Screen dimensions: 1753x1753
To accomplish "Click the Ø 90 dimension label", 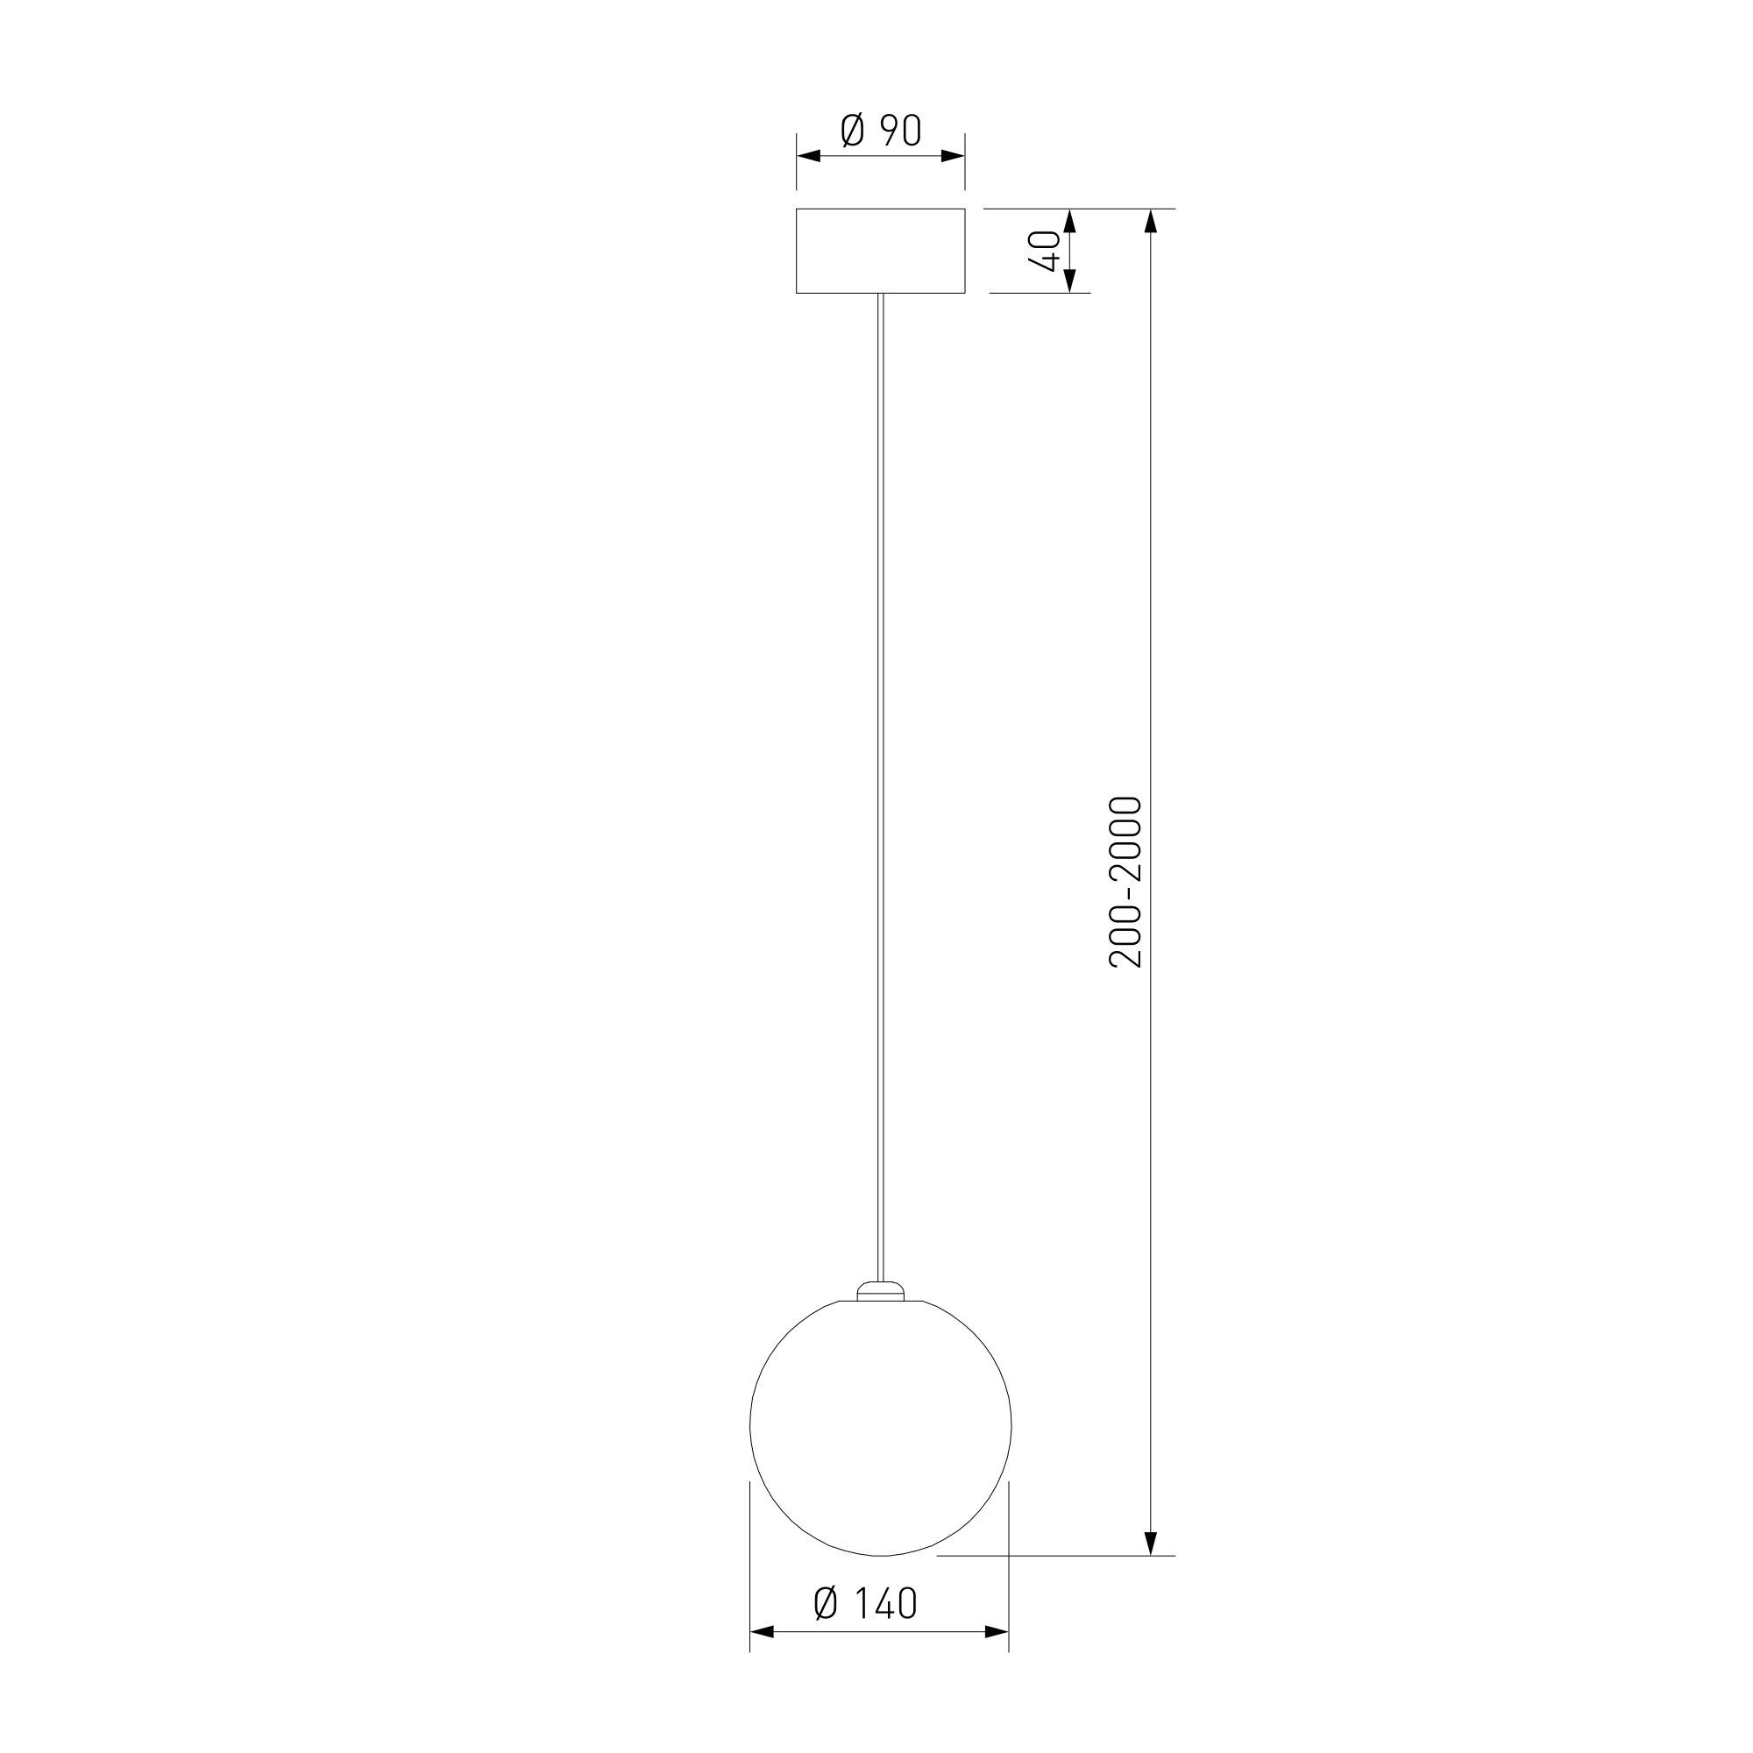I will tap(880, 131).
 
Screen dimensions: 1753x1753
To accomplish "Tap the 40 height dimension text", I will tap(1046, 251).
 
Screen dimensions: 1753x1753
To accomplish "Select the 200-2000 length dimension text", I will tap(1126, 882).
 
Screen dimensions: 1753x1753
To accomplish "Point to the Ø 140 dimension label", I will tap(866, 1603).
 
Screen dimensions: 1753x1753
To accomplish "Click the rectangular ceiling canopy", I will tap(880, 252).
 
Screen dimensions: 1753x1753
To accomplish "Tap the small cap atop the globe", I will tap(880, 1290).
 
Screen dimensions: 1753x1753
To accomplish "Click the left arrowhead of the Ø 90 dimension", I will tap(808, 156).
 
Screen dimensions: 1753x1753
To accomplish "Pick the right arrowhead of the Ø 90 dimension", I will tap(953, 156).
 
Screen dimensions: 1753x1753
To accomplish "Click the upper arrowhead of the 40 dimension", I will tap(1068, 222).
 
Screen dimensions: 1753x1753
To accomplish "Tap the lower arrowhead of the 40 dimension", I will tap(1068, 281).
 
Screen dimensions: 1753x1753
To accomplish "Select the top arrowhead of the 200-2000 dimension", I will tap(1151, 222).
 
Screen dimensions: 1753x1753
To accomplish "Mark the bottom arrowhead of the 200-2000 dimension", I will tap(1151, 1543).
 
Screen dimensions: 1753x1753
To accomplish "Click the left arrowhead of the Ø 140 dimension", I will tap(763, 1632).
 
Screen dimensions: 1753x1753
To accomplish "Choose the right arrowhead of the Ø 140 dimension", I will tap(997, 1632).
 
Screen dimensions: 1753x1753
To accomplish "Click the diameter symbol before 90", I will tap(853, 131).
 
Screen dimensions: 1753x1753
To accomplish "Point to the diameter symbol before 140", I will tap(826, 1603).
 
